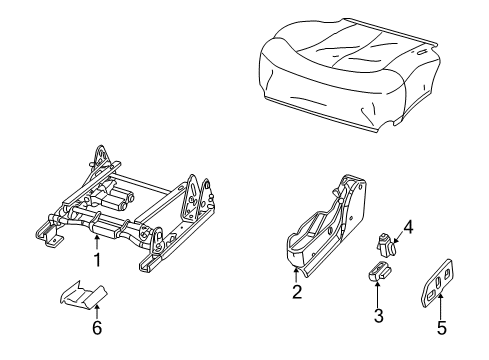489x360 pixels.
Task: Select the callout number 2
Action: pos(296,292)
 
